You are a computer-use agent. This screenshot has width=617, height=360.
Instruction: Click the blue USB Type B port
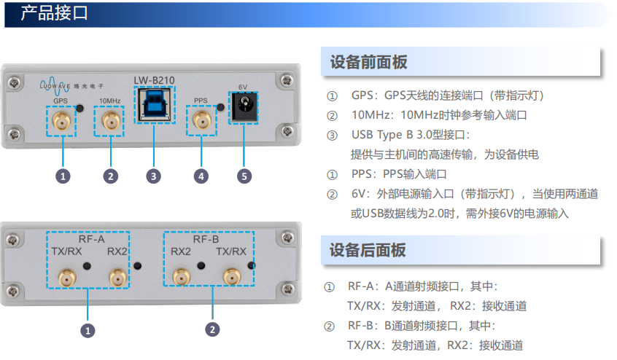point(155,104)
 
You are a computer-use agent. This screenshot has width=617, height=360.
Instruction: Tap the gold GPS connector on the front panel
point(62,121)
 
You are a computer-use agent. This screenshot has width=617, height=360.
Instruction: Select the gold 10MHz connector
point(111,121)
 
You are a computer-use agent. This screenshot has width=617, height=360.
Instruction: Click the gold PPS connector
point(202,121)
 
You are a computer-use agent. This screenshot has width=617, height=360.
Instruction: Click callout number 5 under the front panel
point(244,176)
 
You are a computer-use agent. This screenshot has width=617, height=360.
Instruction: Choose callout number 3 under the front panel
point(153,176)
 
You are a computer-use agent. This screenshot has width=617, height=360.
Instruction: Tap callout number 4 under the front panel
point(201,176)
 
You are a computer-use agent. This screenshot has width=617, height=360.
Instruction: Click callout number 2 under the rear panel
point(212,329)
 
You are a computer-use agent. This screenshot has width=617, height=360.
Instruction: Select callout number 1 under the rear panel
point(88,331)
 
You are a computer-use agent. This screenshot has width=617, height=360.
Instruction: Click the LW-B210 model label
point(154,80)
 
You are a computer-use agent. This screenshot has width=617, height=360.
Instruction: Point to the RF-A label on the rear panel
point(92,239)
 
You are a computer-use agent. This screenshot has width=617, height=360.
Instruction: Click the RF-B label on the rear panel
point(206,239)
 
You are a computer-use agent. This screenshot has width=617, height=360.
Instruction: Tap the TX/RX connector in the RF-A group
point(67,278)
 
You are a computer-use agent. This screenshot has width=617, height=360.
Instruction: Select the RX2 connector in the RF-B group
point(182,277)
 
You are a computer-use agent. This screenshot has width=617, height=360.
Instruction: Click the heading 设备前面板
point(368,62)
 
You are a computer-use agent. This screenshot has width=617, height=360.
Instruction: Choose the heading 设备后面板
point(367,250)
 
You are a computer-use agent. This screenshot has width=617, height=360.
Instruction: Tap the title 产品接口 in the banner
point(54,13)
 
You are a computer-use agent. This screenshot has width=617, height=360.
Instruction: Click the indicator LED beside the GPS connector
point(80,108)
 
